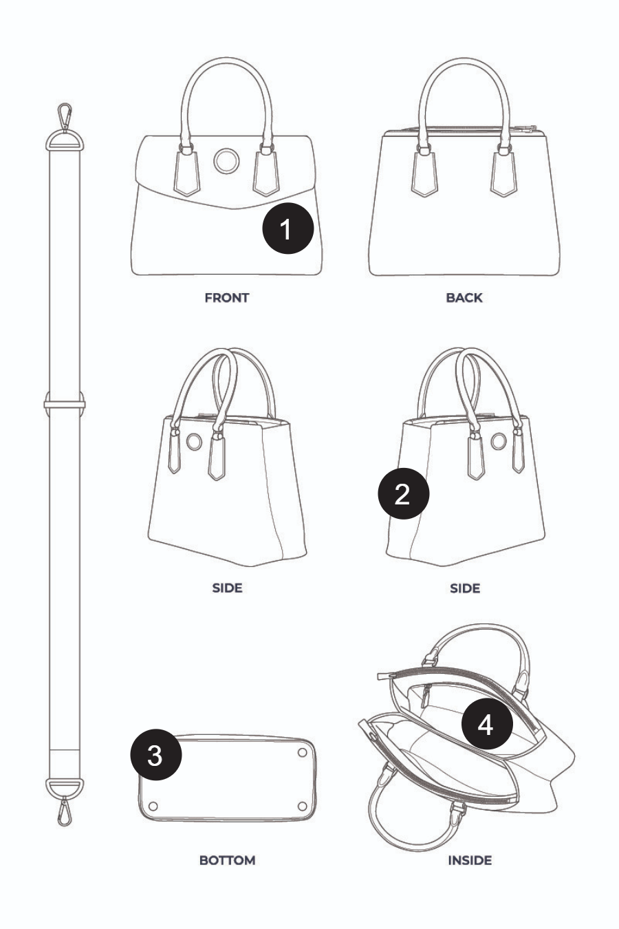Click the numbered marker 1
(288, 228)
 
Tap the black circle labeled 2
(404, 493)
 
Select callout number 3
(156, 755)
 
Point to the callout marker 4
(487, 724)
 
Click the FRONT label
(227, 298)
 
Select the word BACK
(464, 298)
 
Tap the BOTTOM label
(227, 861)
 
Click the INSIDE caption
(470, 861)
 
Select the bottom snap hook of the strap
(64, 811)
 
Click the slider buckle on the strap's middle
(65, 403)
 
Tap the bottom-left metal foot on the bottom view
(153, 807)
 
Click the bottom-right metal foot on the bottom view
(302, 807)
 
